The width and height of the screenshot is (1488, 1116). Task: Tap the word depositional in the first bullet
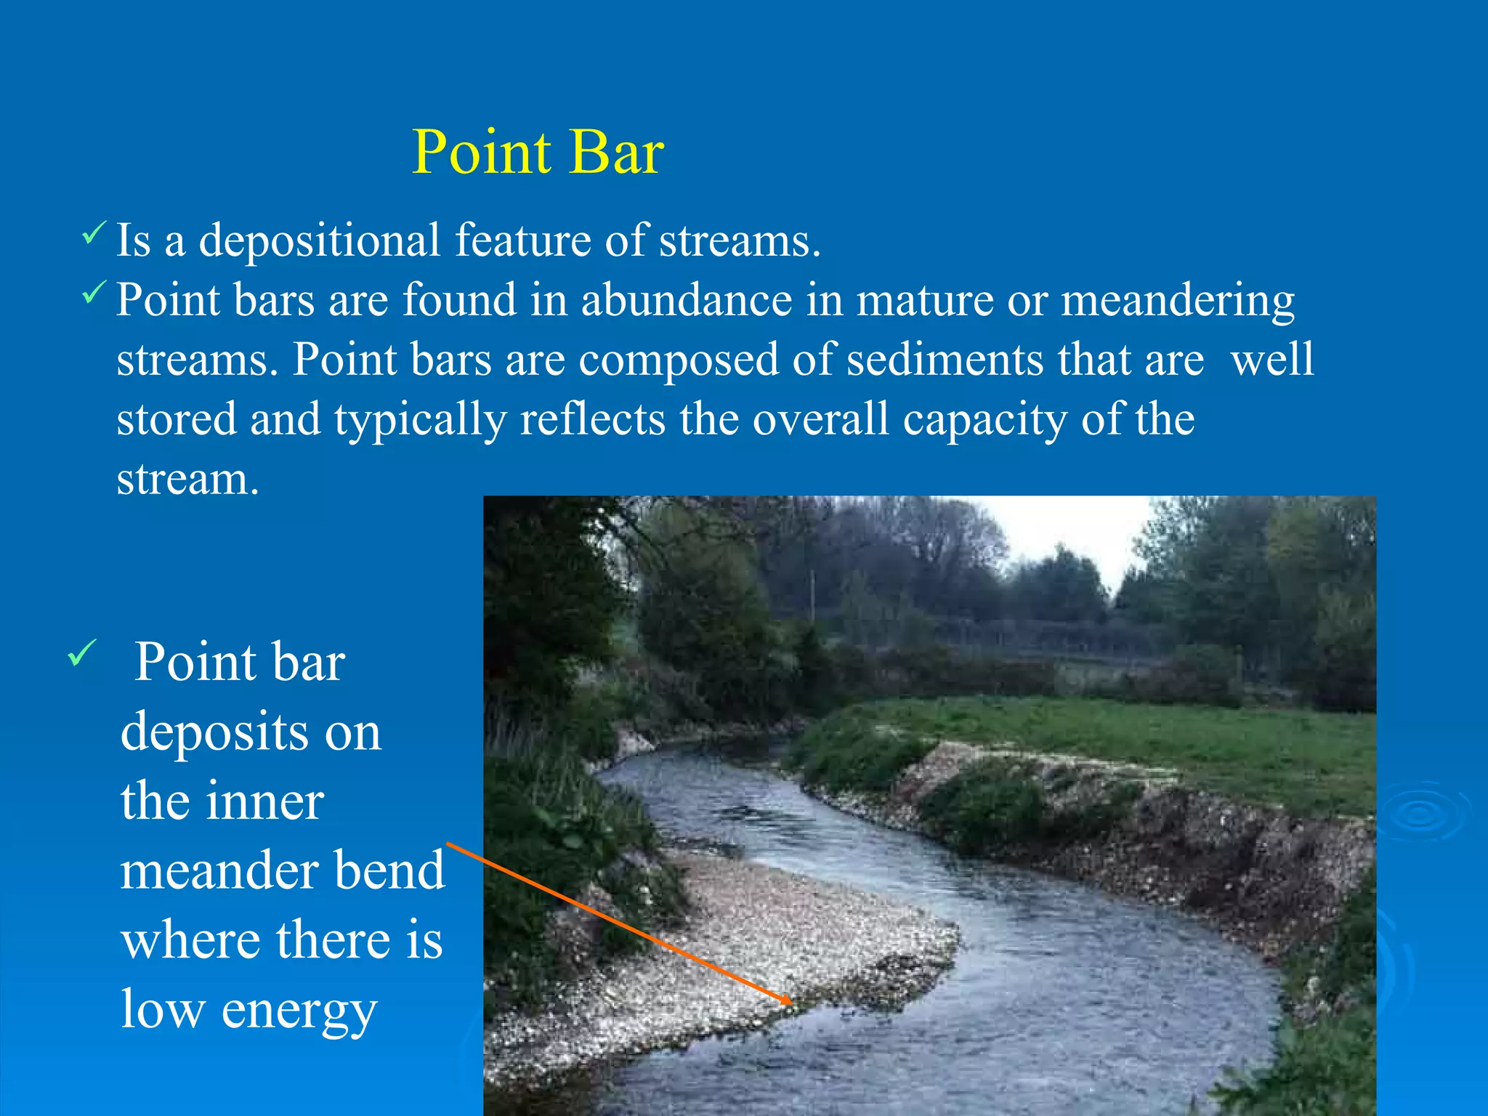[320, 241]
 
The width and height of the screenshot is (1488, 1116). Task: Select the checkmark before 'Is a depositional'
[94, 233]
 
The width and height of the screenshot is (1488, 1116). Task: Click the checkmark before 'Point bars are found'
[94, 293]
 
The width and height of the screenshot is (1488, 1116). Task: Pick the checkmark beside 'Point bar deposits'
[81, 652]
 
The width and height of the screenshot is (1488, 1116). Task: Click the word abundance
[686, 300]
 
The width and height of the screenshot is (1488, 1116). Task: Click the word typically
[420, 421]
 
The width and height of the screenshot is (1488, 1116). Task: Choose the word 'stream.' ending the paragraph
[187, 480]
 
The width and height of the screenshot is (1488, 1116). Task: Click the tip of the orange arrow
[791, 1003]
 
